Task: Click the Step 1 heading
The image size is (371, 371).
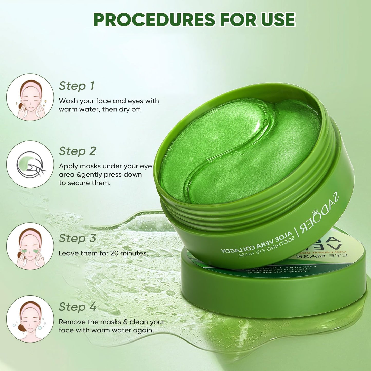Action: coord(77,86)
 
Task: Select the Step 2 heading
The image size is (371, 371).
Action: coord(77,151)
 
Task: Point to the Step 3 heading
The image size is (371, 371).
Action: coord(77,238)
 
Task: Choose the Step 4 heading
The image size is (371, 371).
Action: coord(77,307)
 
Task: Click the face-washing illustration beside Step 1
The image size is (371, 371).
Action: coord(30,97)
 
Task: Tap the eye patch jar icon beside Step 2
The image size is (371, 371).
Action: coord(30,164)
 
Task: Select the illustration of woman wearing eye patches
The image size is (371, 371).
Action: coord(30,246)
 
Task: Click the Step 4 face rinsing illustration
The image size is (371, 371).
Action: coord(30,319)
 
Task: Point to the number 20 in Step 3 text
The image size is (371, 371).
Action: coord(115,253)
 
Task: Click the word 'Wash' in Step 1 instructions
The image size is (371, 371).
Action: coord(67,101)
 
